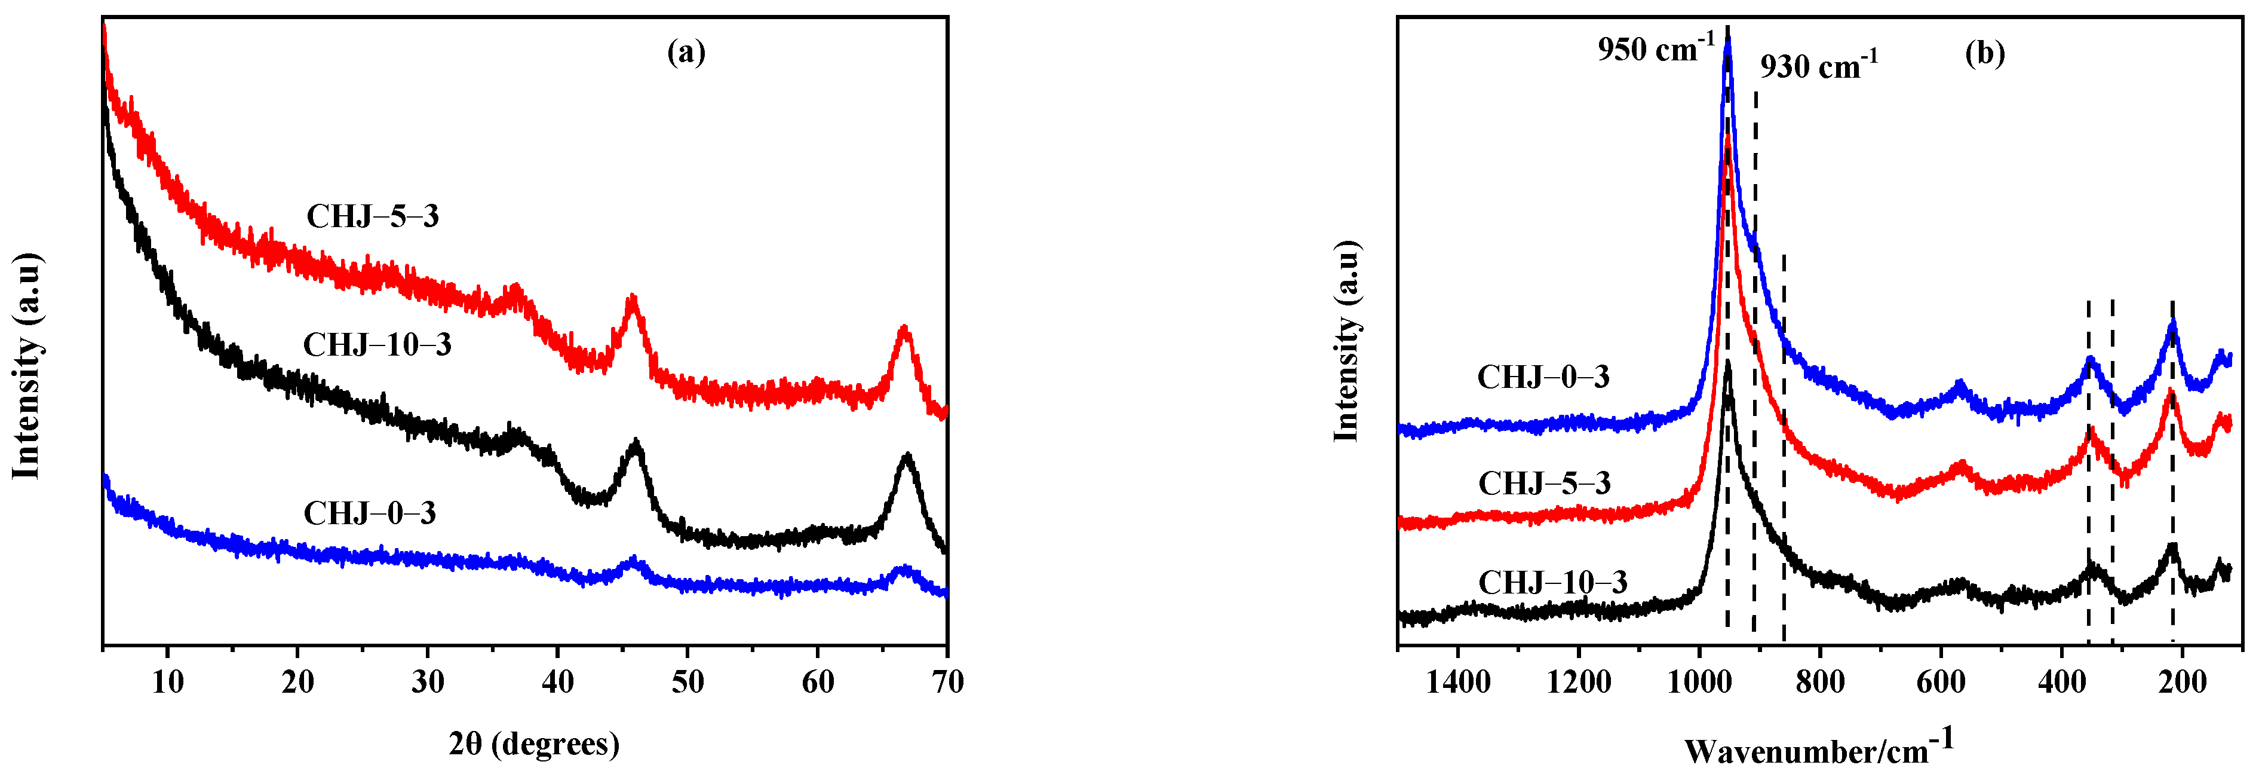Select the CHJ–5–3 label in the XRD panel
(x=373, y=216)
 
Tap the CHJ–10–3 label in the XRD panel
(x=377, y=345)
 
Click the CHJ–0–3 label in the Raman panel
(x=1543, y=377)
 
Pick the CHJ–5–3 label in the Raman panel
(x=1544, y=484)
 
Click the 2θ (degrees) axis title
(x=534, y=744)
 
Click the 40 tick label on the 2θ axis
(x=558, y=682)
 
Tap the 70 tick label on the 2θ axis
(x=948, y=682)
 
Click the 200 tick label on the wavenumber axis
(x=2183, y=682)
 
